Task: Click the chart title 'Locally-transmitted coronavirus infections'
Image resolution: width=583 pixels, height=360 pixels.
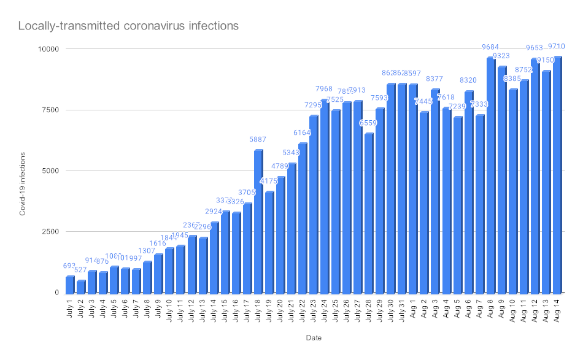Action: (x=128, y=26)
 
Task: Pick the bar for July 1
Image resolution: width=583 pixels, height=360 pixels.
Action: (x=69, y=285)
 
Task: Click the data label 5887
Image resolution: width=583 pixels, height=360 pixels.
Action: (x=258, y=140)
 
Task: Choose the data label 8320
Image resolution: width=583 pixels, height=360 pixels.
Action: (x=469, y=80)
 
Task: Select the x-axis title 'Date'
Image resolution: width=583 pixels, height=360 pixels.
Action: (x=313, y=337)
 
